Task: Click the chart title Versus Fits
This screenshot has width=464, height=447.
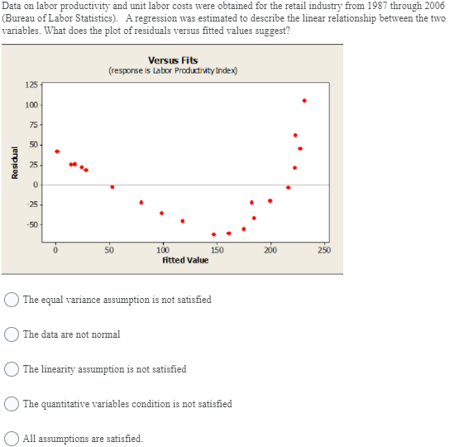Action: click(173, 60)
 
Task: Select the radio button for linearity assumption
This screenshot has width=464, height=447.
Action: click(12, 369)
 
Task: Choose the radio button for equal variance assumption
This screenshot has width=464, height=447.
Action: click(12, 300)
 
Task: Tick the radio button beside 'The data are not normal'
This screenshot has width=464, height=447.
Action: click(12, 334)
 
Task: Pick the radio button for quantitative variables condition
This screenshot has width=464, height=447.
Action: click(12, 404)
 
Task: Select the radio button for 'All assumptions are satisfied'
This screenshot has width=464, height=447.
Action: click(12, 439)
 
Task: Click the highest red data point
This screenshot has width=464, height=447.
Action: click(304, 101)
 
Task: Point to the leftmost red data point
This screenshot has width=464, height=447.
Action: click(57, 151)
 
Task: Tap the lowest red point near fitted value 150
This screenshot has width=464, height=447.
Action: click(214, 234)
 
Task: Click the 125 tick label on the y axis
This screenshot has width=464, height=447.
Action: click(31, 85)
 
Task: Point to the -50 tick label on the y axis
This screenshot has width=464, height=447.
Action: click(32, 225)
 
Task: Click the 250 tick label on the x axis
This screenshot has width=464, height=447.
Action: click(324, 250)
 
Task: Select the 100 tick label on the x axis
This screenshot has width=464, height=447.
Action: click(163, 250)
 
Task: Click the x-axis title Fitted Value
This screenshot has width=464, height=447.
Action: click(185, 261)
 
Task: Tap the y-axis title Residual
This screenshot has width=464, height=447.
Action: click(14, 162)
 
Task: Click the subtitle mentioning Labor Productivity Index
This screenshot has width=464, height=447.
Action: click(173, 71)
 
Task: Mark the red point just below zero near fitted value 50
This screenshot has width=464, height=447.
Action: click(112, 187)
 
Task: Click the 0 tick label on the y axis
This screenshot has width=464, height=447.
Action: click(36, 185)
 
